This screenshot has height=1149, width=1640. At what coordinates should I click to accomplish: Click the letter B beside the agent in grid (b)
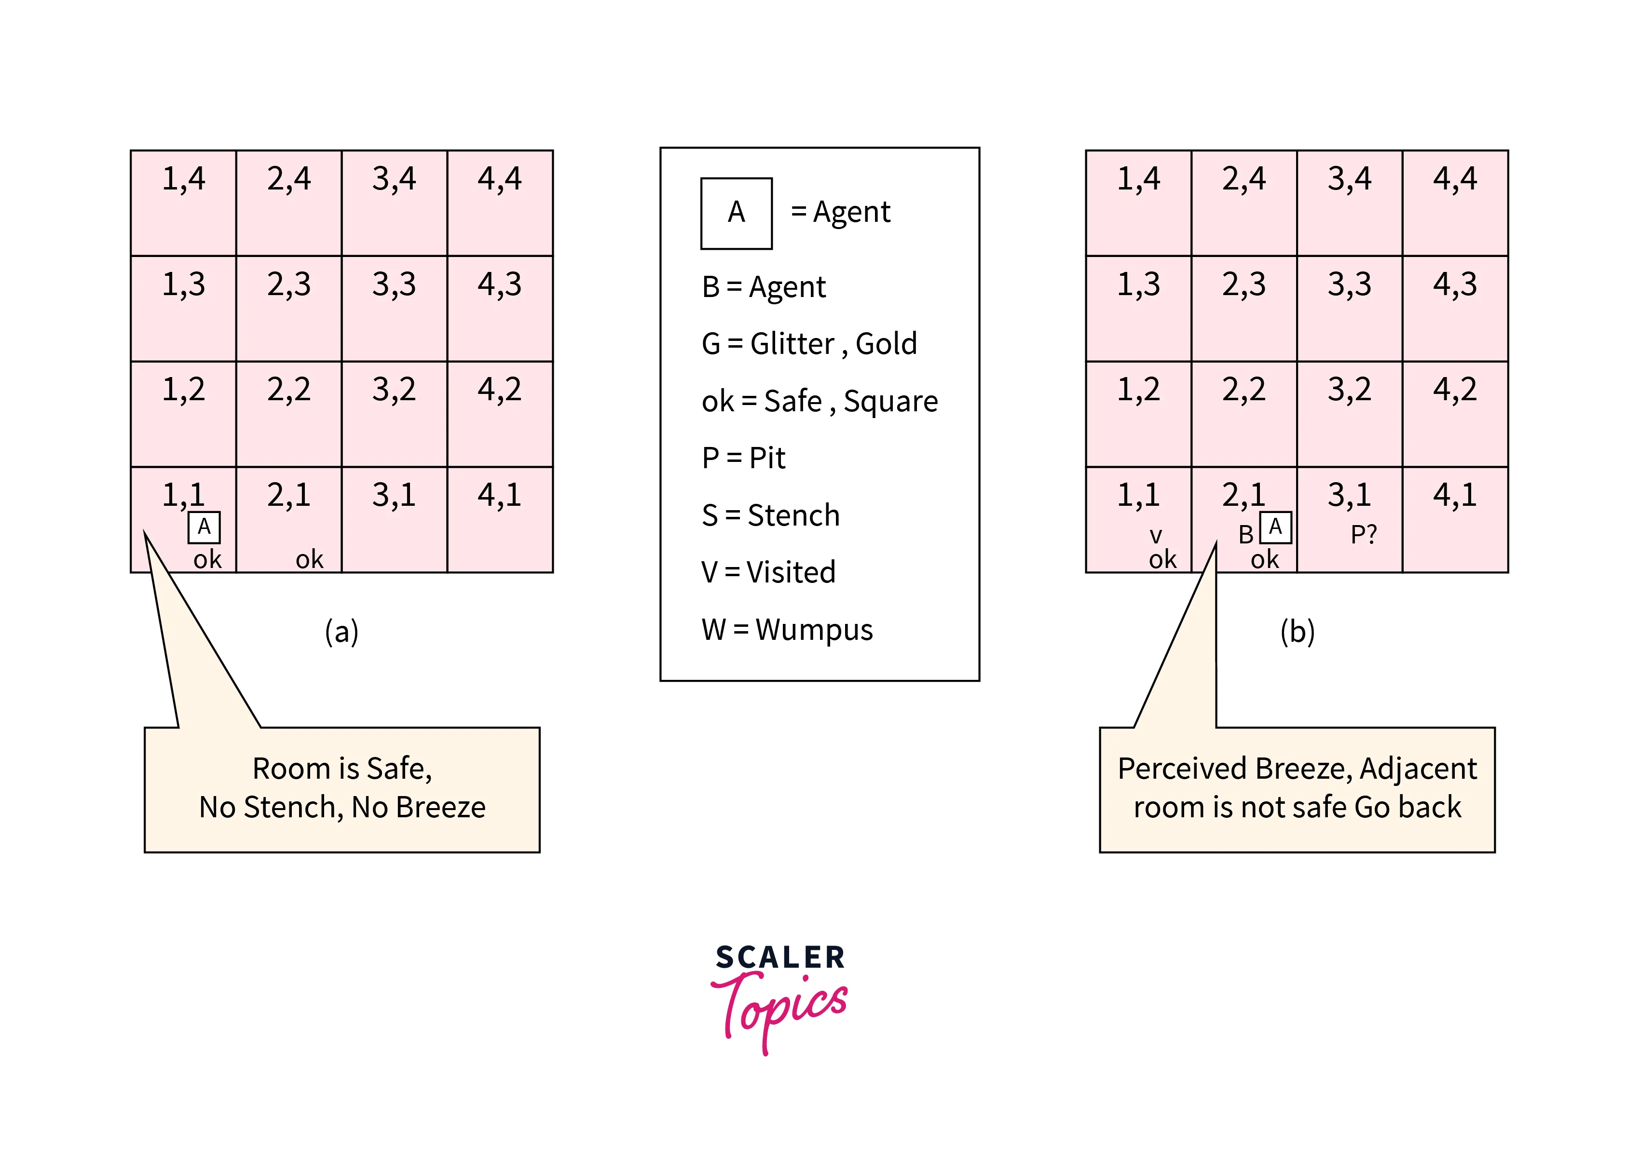click(x=1246, y=535)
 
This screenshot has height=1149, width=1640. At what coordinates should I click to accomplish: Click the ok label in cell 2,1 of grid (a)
click(x=309, y=559)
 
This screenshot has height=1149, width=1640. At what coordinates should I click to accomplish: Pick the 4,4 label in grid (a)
click(x=499, y=178)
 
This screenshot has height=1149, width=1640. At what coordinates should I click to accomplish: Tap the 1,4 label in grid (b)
click(x=1138, y=178)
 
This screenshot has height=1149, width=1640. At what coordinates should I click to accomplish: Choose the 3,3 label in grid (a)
click(x=394, y=284)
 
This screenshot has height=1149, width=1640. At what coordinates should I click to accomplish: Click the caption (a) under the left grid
click(x=342, y=631)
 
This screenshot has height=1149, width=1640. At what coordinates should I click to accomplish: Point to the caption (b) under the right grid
click(x=1297, y=631)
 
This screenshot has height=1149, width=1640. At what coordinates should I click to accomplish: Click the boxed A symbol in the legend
click(x=737, y=213)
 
